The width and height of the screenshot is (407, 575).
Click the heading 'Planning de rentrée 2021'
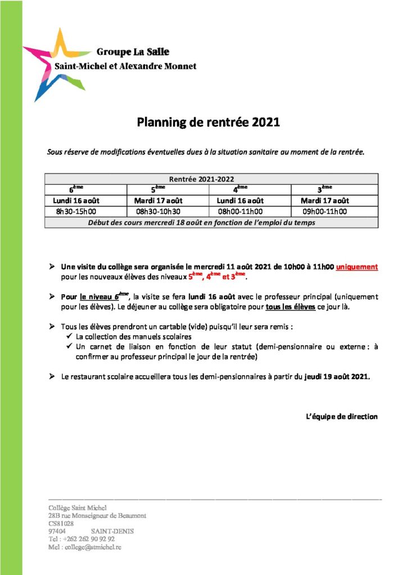click(209, 122)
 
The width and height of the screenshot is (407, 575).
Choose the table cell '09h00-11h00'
click(324, 212)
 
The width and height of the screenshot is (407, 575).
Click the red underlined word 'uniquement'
click(357, 267)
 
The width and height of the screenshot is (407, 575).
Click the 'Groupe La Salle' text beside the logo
click(133, 52)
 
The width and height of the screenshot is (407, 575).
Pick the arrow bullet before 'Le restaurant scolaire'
click(52, 377)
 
